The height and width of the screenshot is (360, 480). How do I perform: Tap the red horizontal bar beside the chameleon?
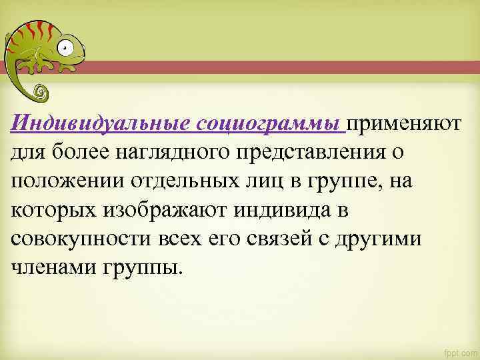point(280,67)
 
